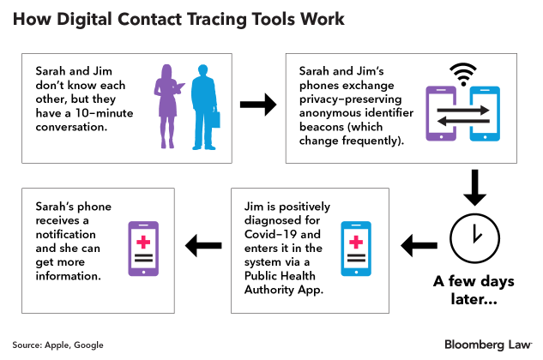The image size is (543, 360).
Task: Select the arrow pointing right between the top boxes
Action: point(257,106)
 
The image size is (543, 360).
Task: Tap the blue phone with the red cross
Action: point(356,249)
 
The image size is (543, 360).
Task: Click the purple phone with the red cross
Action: point(142,249)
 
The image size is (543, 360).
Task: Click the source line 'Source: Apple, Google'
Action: point(57,345)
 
